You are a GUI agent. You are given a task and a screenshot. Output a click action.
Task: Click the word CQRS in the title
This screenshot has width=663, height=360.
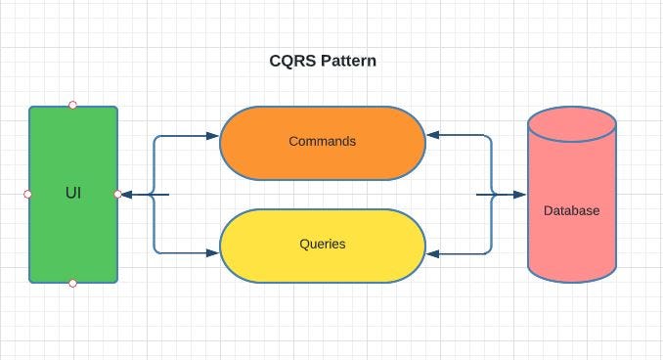pyautogui.click(x=291, y=61)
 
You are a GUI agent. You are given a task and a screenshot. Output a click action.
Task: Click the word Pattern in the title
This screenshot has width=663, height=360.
pyautogui.click(x=346, y=61)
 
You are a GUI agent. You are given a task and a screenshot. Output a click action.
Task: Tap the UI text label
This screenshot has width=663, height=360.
pyautogui.click(x=73, y=193)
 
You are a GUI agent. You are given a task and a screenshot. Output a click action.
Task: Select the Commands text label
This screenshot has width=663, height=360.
pyautogui.click(x=323, y=141)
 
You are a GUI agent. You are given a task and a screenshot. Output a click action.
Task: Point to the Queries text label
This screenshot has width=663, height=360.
pyautogui.click(x=323, y=243)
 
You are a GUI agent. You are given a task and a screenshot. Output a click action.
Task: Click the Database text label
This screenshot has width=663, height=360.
pyautogui.click(x=571, y=210)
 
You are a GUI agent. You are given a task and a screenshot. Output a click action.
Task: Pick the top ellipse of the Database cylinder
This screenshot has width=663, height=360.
pyautogui.click(x=572, y=126)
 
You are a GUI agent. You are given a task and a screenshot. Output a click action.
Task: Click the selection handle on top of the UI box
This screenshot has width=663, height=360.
pyautogui.click(x=73, y=105)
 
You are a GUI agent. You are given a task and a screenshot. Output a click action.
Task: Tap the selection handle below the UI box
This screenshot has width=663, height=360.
pyautogui.click(x=73, y=283)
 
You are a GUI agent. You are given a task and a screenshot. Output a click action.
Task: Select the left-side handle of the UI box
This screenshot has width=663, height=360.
pyautogui.click(x=27, y=194)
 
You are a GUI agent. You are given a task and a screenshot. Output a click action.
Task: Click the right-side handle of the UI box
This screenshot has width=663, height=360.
pyautogui.click(x=118, y=194)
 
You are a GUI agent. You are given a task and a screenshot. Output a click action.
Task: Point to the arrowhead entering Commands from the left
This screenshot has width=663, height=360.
pyautogui.click(x=213, y=136)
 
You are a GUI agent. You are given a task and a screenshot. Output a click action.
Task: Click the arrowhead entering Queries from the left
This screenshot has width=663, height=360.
pyautogui.click(x=213, y=253)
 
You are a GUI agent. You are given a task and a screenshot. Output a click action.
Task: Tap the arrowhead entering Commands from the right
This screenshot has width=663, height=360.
pyautogui.click(x=432, y=136)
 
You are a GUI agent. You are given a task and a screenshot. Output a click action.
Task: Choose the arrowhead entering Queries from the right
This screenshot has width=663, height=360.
pyautogui.click(x=432, y=254)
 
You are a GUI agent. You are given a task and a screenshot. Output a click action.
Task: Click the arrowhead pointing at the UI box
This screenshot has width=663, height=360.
pyautogui.click(x=127, y=194)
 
